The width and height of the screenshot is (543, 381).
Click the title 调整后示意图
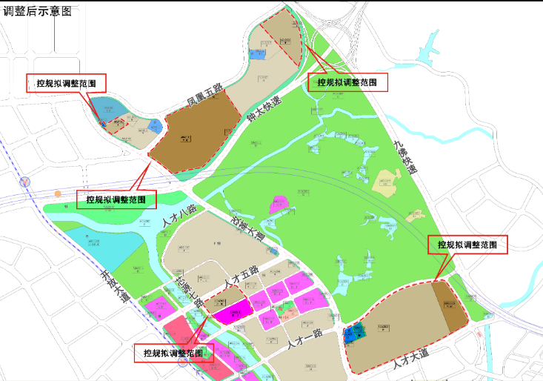click(x=38, y=10)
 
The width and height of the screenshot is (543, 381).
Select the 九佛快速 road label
click(x=405, y=156)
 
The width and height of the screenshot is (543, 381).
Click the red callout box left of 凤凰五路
click(x=65, y=84)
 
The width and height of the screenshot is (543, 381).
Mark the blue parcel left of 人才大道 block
click(x=353, y=334)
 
